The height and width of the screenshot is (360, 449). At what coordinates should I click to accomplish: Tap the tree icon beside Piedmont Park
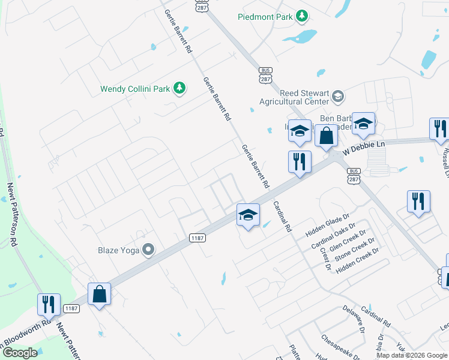(303, 16)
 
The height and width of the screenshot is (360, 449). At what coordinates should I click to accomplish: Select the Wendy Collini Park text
(135, 89)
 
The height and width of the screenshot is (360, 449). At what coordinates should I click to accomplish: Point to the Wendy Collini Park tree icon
(179, 89)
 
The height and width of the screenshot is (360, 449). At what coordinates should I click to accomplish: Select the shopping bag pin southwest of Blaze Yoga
(99, 295)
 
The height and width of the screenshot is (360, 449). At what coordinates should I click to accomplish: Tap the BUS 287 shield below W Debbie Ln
(353, 175)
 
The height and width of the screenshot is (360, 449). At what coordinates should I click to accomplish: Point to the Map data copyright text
(411, 355)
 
